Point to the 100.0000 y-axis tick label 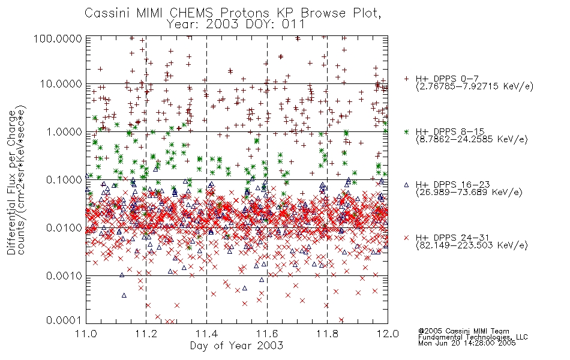tap(58, 38)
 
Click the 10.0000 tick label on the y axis tap(61, 84)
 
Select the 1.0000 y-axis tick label tap(64, 131)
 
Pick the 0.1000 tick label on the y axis tap(64, 179)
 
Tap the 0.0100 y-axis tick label tap(64, 228)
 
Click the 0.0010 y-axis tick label tap(64, 276)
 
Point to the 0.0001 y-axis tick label tap(64, 320)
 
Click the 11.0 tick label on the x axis tap(86, 334)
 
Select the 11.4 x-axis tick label tap(207, 334)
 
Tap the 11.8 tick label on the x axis tap(328, 334)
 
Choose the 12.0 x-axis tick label tap(388, 334)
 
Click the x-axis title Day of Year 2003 tap(236, 346)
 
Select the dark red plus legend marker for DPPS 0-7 tap(406, 79)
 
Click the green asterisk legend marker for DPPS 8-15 tap(406, 131)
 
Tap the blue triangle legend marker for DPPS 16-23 tap(406, 185)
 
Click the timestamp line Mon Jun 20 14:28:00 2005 tap(467, 343)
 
